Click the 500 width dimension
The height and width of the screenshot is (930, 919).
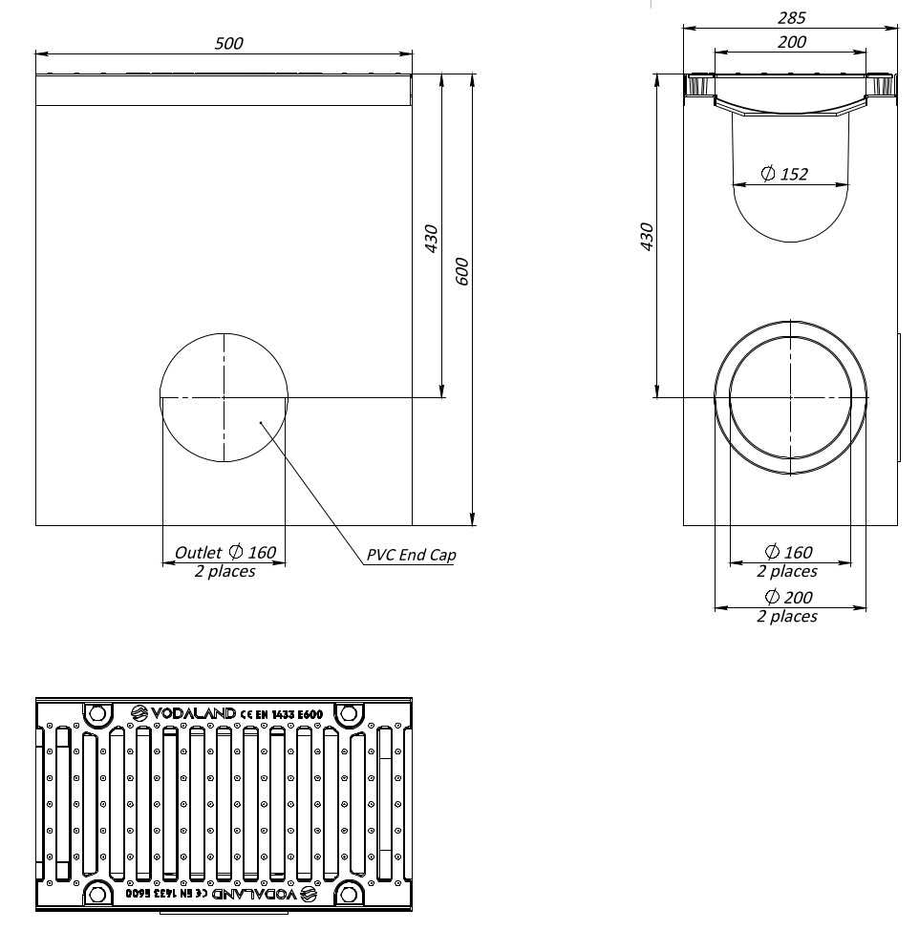pyautogui.click(x=229, y=43)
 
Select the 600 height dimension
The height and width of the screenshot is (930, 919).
pyautogui.click(x=463, y=273)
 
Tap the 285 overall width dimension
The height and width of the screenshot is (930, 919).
pyautogui.click(x=792, y=17)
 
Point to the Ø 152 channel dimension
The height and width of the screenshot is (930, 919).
pyautogui.click(x=784, y=174)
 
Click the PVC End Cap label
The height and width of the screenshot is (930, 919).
pyautogui.click(x=411, y=555)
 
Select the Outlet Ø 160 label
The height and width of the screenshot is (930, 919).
pyautogui.click(x=224, y=552)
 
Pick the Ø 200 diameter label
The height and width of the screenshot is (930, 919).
pyautogui.click(x=789, y=597)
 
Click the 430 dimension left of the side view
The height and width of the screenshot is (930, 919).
pyautogui.click(x=647, y=237)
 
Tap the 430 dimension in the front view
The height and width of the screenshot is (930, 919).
pyautogui.click(x=431, y=238)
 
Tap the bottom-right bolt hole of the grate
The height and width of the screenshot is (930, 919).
pyautogui.click(x=349, y=895)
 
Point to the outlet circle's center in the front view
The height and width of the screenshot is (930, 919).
pyautogui.click(x=224, y=397)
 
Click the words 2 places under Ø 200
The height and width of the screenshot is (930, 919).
pyautogui.click(x=787, y=617)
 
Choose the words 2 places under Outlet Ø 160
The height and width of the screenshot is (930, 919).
pyautogui.click(x=224, y=571)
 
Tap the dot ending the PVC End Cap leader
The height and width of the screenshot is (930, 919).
pyautogui.click(x=260, y=421)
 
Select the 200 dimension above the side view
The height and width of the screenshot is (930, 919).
pyautogui.click(x=791, y=42)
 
